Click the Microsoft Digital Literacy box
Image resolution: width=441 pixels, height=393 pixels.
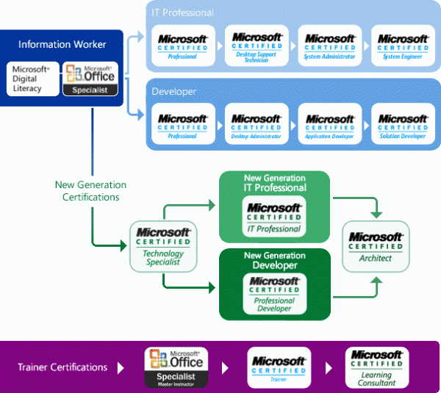coord(33,79)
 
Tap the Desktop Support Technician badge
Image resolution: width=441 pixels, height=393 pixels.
coord(257,46)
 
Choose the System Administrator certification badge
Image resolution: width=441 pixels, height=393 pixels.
coord(330,46)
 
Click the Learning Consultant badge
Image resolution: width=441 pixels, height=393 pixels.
coord(376,367)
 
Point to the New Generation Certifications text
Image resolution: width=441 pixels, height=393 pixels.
coord(90,191)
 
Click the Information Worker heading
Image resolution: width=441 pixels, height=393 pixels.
coord(62,45)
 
